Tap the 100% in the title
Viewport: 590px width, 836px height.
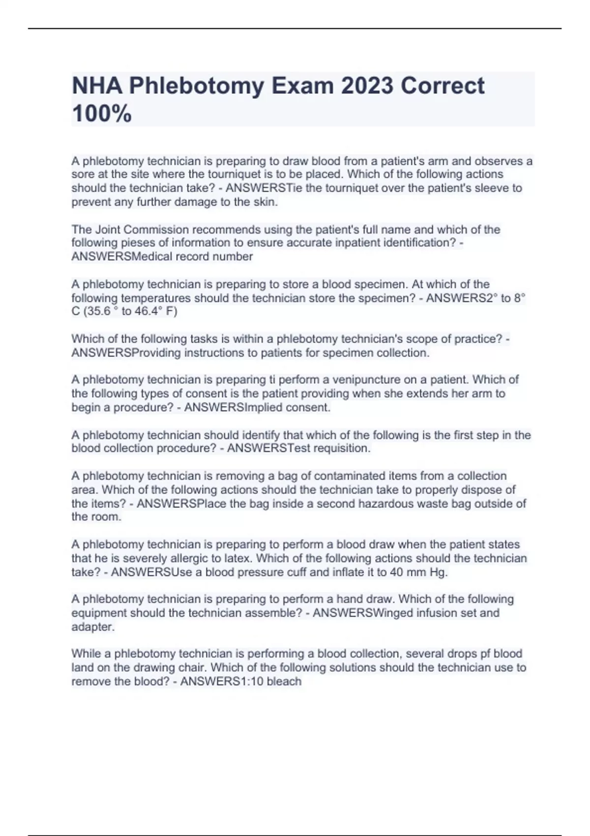[x=102, y=114]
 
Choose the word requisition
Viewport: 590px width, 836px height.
[x=341, y=448]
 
